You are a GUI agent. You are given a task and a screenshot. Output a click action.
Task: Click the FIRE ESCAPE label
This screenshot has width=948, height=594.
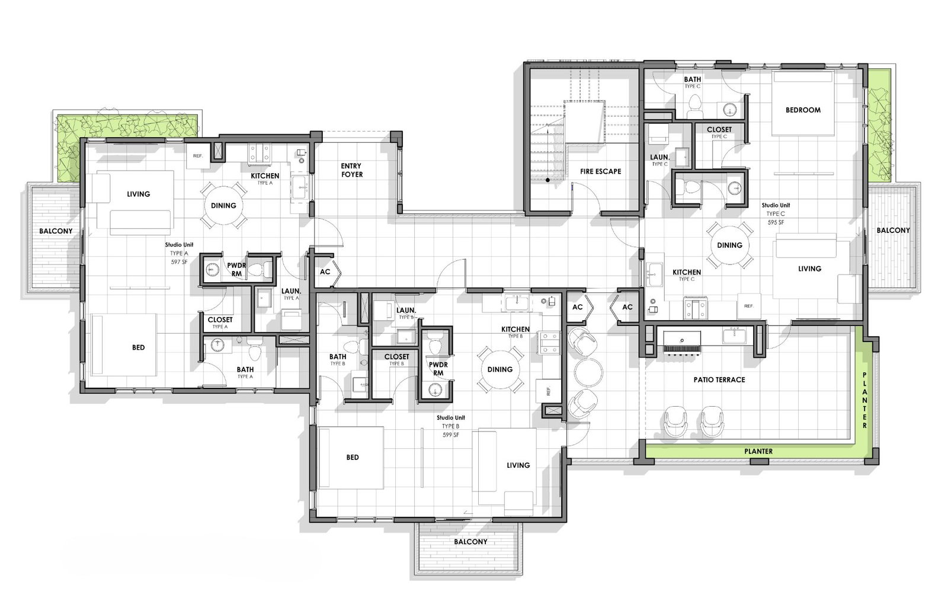click(x=600, y=171)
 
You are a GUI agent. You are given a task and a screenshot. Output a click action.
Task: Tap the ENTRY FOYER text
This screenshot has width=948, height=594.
click(x=351, y=170)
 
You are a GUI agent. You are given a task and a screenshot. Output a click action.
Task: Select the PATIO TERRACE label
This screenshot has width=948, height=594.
click(x=719, y=379)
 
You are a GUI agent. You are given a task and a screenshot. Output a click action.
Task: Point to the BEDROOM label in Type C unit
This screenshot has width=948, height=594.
click(x=803, y=110)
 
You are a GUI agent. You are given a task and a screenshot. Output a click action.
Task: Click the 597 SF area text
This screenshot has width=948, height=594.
click(x=179, y=261)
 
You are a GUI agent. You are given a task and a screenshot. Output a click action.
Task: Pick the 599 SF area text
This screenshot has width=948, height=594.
click(x=450, y=435)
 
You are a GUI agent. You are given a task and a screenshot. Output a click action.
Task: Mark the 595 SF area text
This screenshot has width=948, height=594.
click(x=776, y=222)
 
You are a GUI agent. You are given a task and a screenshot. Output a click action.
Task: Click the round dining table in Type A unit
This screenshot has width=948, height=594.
click(x=223, y=205)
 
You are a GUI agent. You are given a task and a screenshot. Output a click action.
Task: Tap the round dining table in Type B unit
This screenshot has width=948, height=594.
click(x=499, y=369)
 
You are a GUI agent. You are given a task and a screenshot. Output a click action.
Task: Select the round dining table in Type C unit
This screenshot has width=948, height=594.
click(x=729, y=245)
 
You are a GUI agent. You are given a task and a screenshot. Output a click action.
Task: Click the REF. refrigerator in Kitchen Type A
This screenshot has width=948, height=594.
click(x=198, y=156)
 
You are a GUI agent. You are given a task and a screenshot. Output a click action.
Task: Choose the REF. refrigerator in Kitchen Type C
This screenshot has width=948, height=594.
click(x=748, y=306)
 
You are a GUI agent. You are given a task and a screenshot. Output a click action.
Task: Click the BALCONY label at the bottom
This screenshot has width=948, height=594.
click(x=470, y=542)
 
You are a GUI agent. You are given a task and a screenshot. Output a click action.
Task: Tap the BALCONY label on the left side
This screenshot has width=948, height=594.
click(x=56, y=231)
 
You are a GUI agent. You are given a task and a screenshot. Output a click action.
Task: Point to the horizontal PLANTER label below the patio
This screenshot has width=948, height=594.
click(x=758, y=451)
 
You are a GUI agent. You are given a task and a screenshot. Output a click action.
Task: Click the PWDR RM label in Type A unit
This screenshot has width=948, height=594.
click(x=236, y=270)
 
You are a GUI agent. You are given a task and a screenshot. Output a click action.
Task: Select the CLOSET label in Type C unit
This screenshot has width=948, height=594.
click(x=719, y=129)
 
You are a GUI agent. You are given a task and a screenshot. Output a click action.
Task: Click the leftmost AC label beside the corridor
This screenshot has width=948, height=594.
click(x=325, y=272)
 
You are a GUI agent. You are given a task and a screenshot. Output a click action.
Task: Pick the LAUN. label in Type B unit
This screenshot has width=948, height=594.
click(x=406, y=310)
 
